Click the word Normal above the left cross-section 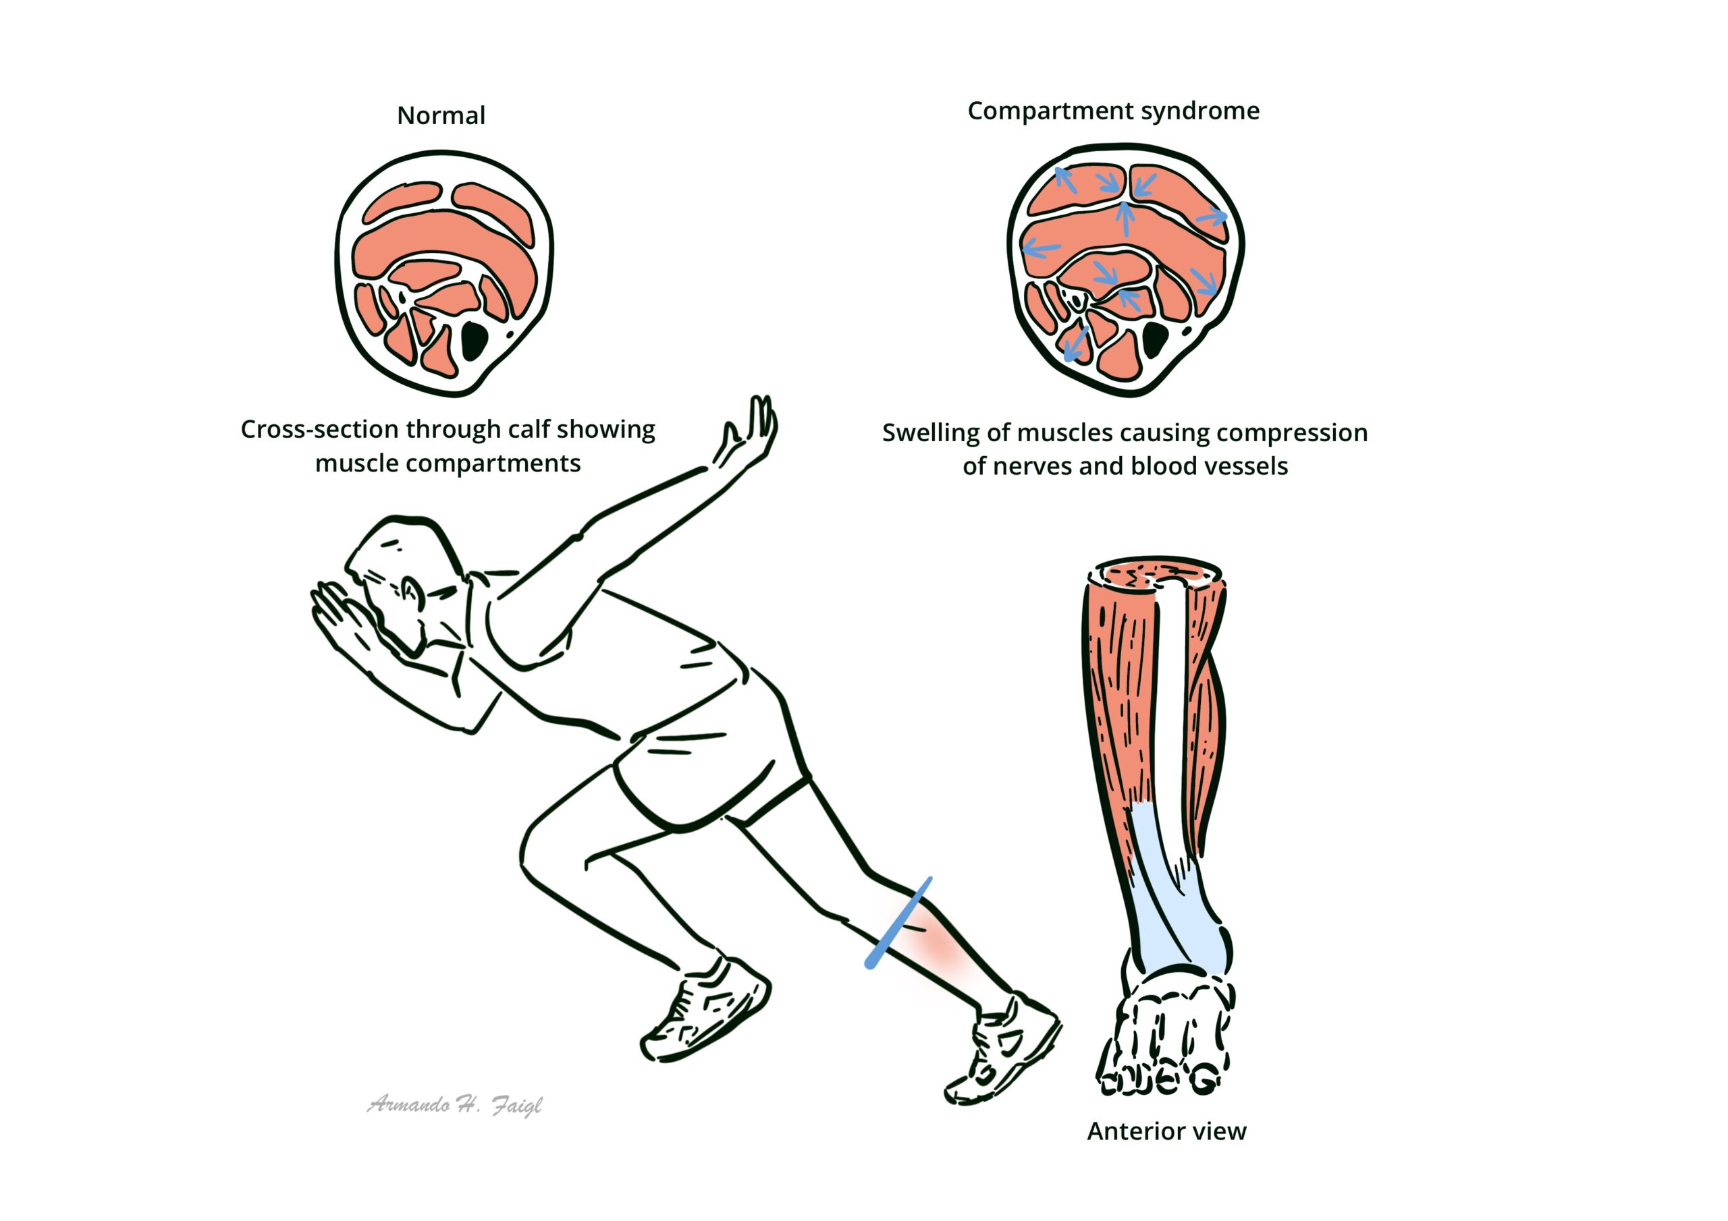[x=441, y=116]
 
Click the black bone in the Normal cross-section [x=474, y=341]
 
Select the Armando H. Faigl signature [x=454, y=1105]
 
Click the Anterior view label [x=1166, y=1131]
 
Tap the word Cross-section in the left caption [x=320, y=430]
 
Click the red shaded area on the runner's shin [x=941, y=952]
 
